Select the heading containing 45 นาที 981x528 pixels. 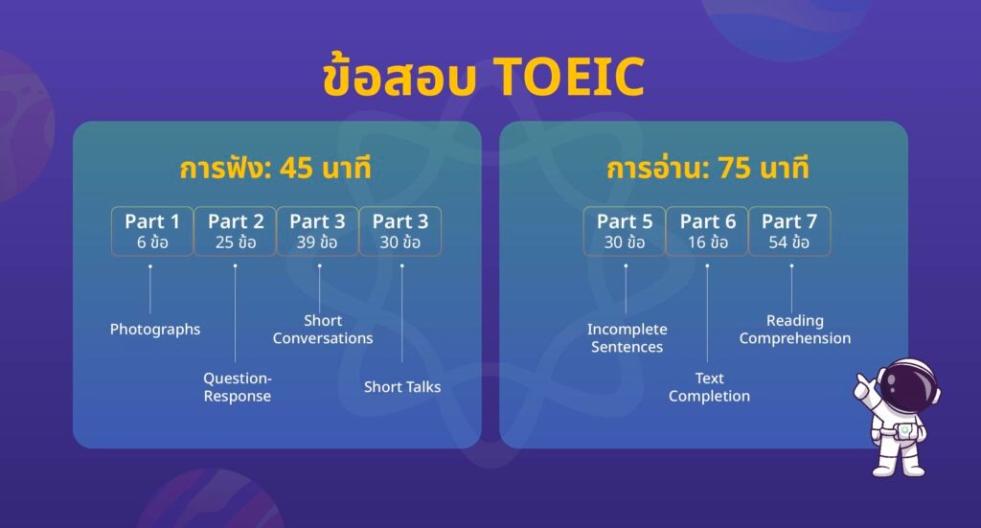(275, 169)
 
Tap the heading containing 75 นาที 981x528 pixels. (708, 169)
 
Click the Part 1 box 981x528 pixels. (151, 231)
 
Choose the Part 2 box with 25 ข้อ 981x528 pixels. (235, 231)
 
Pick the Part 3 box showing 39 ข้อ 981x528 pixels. (318, 231)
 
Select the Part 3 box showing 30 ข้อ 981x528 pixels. (400, 231)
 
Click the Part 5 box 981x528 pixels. (625, 231)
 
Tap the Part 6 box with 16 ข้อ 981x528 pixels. (707, 231)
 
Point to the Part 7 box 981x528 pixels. (789, 231)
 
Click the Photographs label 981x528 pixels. (155, 330)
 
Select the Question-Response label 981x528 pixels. (237, 387)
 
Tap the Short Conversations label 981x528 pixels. (323, 330)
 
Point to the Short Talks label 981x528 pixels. (402, 387)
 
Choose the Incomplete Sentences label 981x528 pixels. (627, 338)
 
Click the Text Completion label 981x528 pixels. (709, 387)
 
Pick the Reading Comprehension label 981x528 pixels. (794, 330)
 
